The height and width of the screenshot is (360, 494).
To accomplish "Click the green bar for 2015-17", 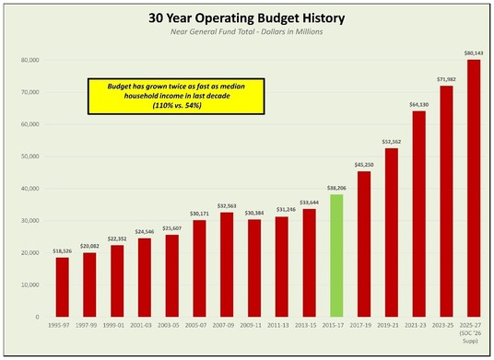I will tap(336, 255).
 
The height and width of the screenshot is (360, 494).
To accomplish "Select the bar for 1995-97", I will tap(63, 286).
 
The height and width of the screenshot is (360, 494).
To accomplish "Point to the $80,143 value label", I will tap(473, 53).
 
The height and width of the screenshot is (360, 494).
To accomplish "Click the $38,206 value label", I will tap(336, 188).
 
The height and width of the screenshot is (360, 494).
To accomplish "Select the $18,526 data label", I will tap(63, 250).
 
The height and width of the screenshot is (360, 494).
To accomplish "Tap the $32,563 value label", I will tap(227, 206).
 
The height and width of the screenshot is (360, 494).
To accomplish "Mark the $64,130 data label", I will tap(418, 104).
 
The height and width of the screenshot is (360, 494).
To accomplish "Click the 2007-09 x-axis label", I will tap(227, 326).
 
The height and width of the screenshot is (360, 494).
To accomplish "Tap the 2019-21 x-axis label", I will tap(391, 326).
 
